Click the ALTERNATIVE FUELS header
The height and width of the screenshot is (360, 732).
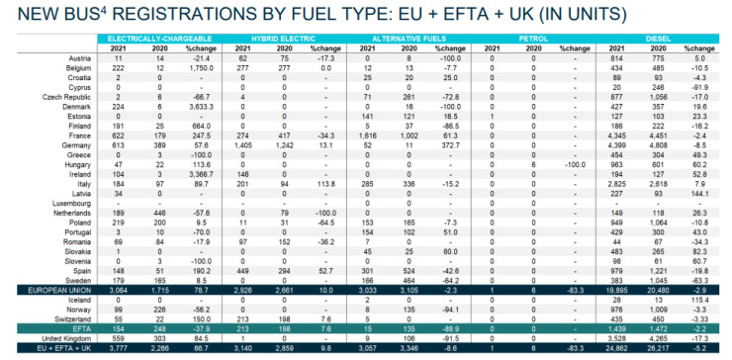403,38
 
